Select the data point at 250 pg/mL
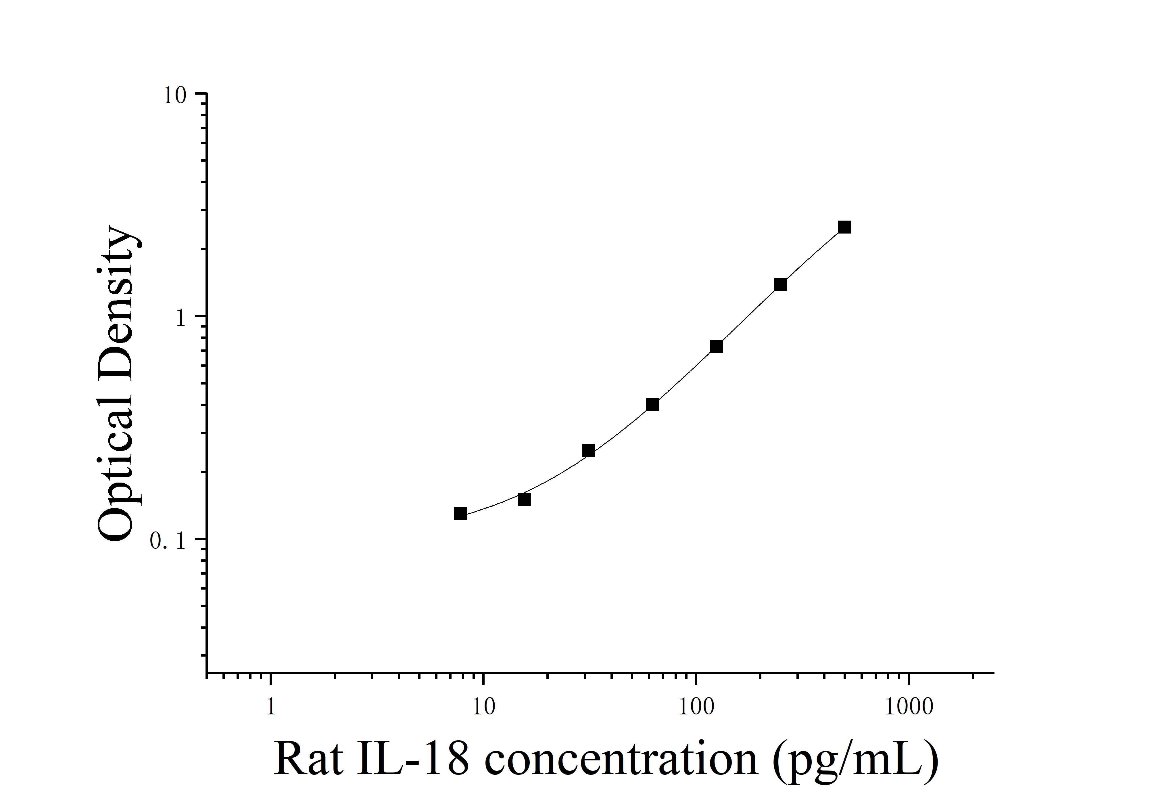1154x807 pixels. [x=780, y=285]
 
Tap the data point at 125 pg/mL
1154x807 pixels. [x=716, y=347]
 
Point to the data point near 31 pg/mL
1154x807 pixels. [x=588, y=450]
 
